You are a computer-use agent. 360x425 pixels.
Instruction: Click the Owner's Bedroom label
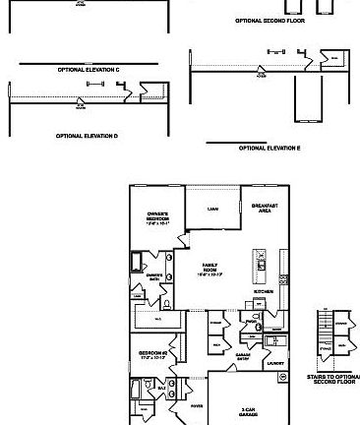click(158, 217)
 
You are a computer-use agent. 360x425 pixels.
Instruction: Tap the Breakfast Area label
click(262, 208)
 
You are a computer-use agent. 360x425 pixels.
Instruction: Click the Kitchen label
click(263, 291)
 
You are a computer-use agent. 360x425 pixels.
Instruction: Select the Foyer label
click(197, 404)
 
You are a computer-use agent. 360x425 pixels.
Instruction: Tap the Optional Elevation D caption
click(87, 136)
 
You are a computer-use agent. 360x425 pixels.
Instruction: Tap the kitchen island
click(262, 265)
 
